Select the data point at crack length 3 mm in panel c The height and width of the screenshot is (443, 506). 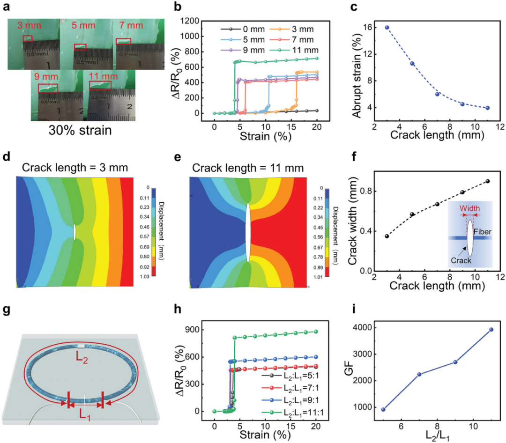[387, 28]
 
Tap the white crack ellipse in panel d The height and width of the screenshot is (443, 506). [74, 232]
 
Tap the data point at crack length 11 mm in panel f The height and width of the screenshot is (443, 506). [487, 181]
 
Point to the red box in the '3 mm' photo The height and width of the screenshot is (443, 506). [28, 38]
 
